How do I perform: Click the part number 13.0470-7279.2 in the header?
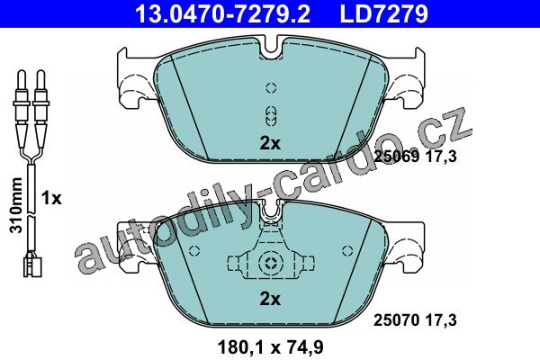coord(223,13)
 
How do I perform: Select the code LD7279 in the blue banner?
coord(384,13)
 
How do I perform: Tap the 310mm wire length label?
coord(16,205)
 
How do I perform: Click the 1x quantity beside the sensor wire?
coord(51,198)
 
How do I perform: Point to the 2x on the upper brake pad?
coord(270,143)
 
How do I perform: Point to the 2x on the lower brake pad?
coord(270,300)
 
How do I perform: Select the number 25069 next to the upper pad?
coord(397,157)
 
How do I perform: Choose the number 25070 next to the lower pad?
coord(397,320)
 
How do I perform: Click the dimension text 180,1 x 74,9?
coord(271,347)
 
